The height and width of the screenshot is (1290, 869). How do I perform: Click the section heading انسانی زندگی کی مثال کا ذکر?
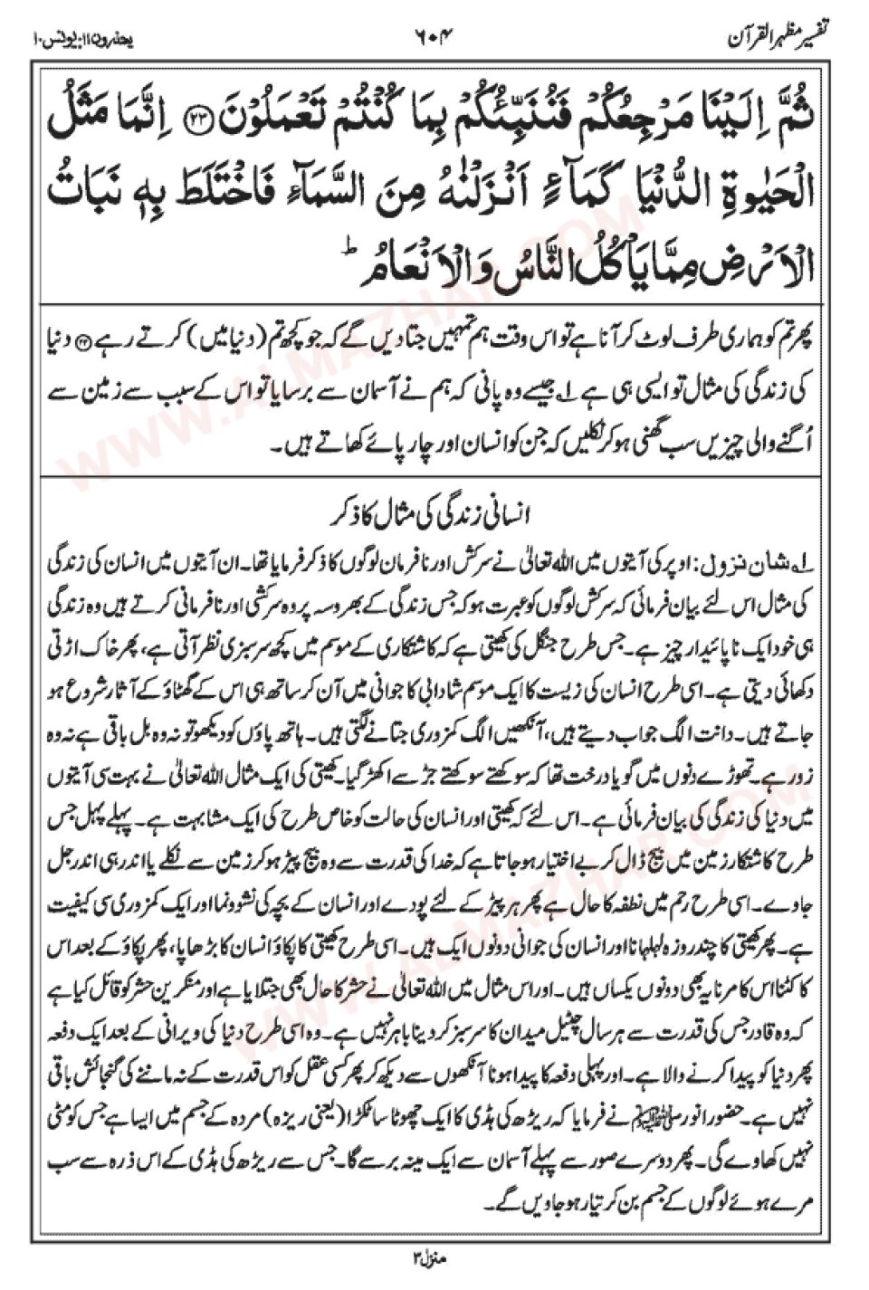(434, 517)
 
